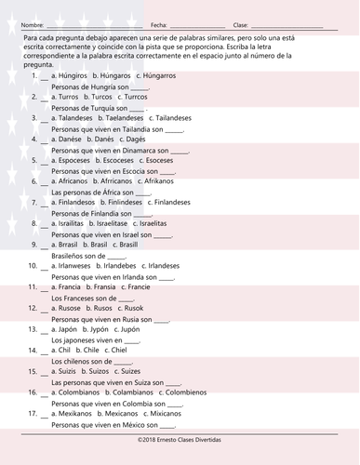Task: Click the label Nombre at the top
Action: pos(32,24)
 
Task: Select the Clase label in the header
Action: pos(241,24)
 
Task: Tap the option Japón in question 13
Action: pos(68,329)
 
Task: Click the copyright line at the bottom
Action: pos(180,439)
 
